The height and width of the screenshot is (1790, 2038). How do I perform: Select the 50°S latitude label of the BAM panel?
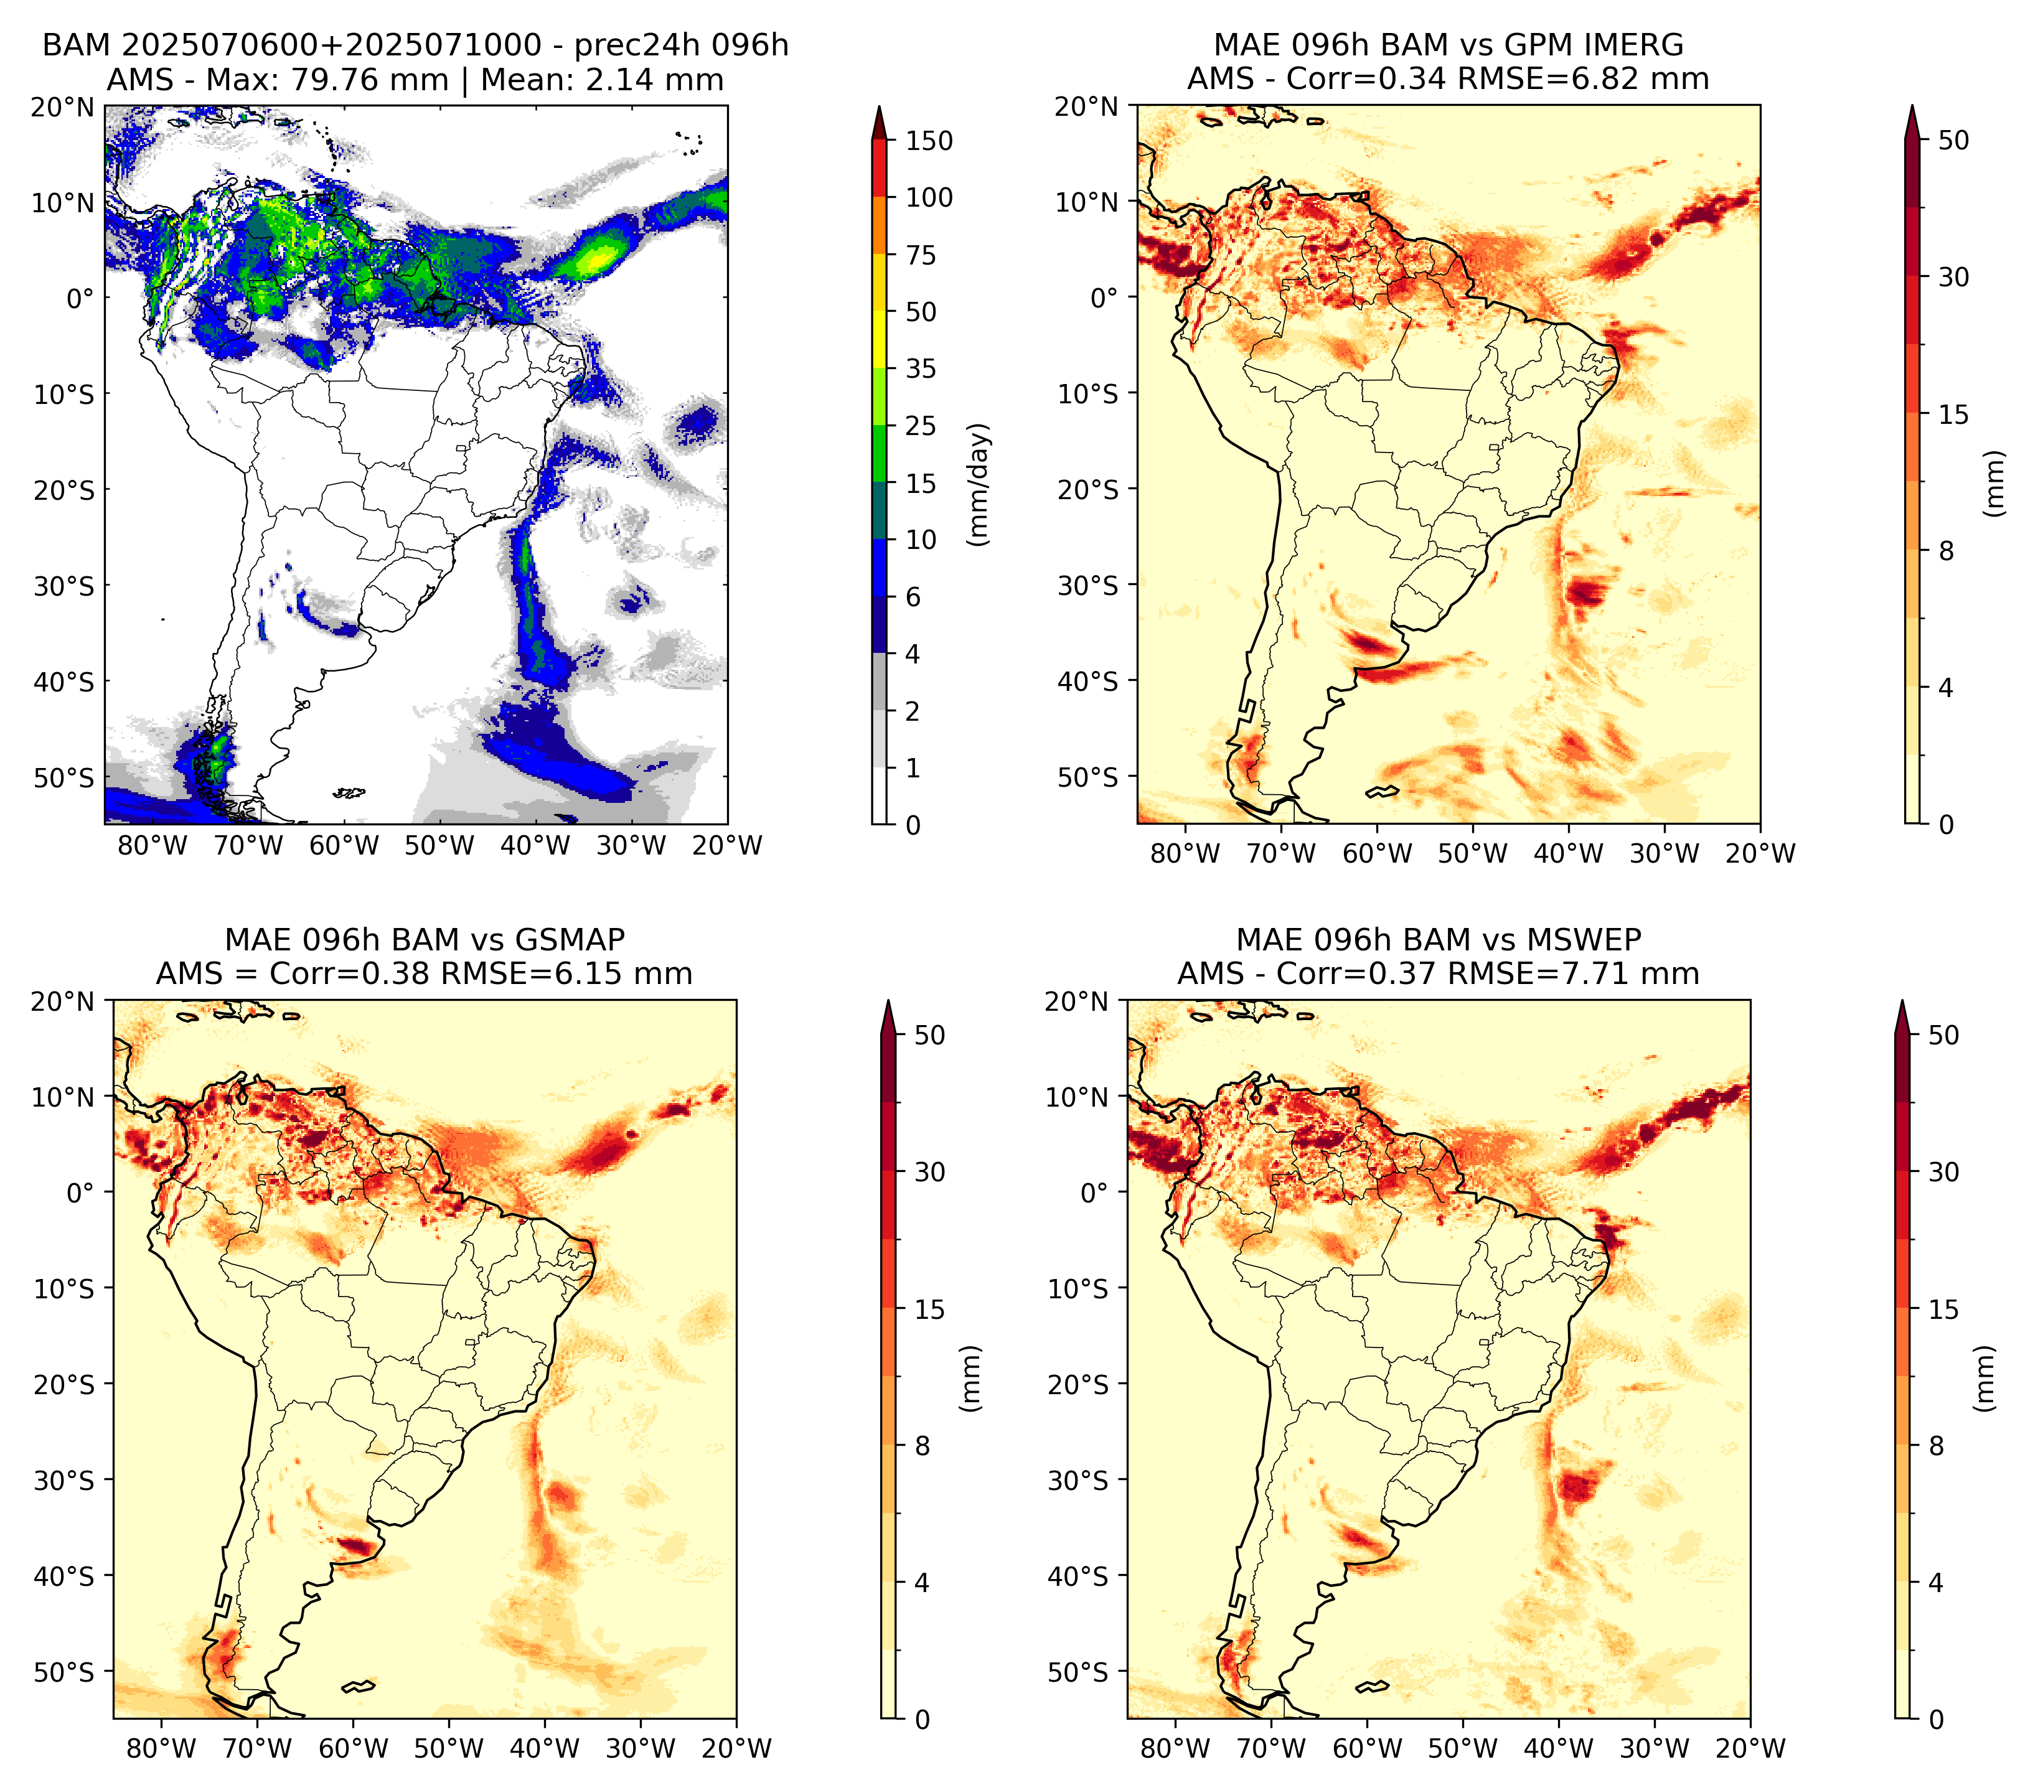pos(64,777)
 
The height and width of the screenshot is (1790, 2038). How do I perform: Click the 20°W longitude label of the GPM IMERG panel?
pos(1760,853)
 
